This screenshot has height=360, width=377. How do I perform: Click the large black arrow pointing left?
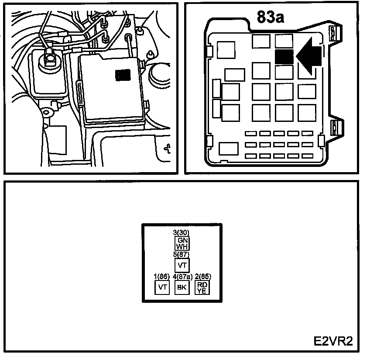(308, 56)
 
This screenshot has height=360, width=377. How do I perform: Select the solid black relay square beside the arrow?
(284, 56)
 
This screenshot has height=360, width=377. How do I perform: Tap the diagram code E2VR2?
(332, 341)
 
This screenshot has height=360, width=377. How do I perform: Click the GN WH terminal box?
(182, 243)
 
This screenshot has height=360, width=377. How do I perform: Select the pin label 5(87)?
(182, 254)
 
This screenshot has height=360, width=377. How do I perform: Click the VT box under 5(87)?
(182, 265)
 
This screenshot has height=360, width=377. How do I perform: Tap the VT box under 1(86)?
(162, 287)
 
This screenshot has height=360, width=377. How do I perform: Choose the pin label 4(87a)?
(182, 277)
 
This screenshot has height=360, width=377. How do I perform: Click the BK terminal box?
(182, 287)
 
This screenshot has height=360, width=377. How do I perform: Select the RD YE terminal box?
(202, 287)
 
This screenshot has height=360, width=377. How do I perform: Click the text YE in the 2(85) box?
(202, 291)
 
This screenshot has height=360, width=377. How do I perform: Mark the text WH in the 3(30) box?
(182, 246)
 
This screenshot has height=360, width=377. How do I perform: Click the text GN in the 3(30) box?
(182, 240)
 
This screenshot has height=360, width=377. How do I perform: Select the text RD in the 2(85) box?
(202, 285)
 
